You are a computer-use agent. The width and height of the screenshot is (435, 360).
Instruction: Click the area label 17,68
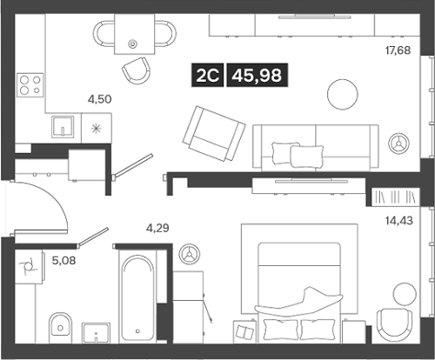point(398,50)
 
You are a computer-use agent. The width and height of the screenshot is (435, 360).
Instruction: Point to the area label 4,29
point(157,229)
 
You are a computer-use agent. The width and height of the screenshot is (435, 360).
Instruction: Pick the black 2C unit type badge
point(208,77)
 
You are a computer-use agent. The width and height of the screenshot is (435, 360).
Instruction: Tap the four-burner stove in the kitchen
point(32,84)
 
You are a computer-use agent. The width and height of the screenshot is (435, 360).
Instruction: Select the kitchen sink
point(64,127)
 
